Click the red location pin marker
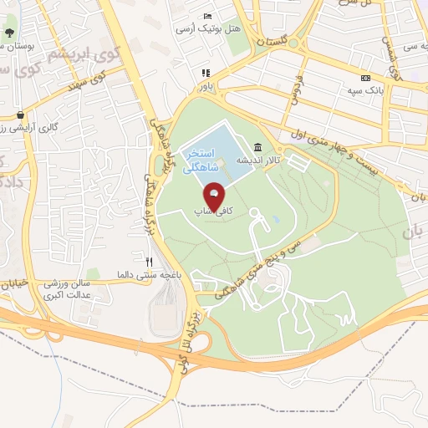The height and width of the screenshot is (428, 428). click(x=214, y=195)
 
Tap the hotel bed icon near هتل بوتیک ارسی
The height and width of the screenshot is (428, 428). click(x=208, y=17)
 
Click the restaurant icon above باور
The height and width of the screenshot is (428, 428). click(x=206, y=73)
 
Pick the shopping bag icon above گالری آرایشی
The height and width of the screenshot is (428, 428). click(x=19, y=115)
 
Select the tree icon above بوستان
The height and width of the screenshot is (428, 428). click(x=9, y=33)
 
